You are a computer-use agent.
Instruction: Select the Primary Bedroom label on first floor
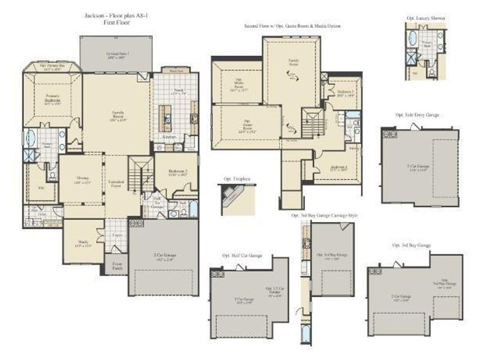(52, 98)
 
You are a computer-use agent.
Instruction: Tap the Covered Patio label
(118, 55)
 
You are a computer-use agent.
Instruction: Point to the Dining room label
(82, 179)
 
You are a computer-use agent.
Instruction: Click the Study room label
(83, 242)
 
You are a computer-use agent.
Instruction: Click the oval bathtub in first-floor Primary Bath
(31, 138)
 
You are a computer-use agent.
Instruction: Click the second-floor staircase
(312, 123)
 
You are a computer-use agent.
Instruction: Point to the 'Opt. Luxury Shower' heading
(425, 19)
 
